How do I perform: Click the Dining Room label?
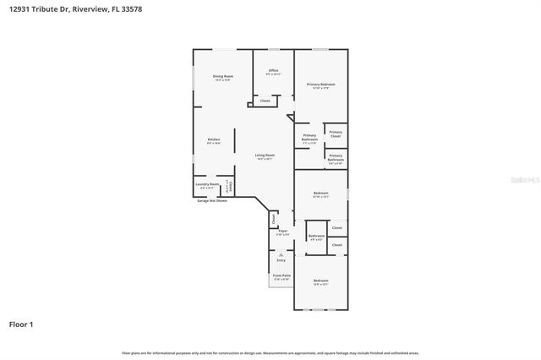pos(222,77)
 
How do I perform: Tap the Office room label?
pos(273,70)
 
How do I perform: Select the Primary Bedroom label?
pos(320,85)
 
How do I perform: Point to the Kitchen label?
pos(214,139)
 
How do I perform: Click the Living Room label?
pos(265,155)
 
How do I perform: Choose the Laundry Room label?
pos(207,184)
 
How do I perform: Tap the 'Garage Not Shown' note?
pos(212,201)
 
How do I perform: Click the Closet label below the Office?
pos(265,101)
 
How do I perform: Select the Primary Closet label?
pos(335,134)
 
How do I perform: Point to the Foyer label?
pos(283,232)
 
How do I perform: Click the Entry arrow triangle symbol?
pos(281,253)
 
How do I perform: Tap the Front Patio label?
pos(281,275)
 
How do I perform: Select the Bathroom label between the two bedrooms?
pos(316,236)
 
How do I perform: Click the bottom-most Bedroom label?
pos(320,281)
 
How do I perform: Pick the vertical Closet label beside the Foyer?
pos(273,217)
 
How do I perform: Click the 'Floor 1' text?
pos(22,324)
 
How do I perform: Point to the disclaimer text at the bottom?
pos(270,352)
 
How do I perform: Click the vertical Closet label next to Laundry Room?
pos(229,186)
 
